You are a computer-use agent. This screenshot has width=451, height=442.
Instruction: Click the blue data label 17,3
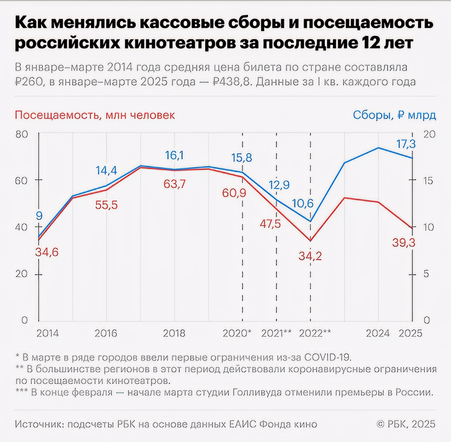coord(406,144)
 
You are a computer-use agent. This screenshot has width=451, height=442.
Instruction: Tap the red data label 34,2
coord(310,256)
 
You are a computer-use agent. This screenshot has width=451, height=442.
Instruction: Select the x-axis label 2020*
coord(237,333)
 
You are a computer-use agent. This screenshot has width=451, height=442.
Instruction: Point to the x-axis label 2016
coord(106,333)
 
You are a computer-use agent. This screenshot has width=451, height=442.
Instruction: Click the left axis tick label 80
coord(22,134)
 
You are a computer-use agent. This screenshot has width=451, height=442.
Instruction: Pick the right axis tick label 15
coord(429,181)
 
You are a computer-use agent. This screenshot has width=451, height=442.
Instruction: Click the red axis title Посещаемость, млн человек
coord(95,115)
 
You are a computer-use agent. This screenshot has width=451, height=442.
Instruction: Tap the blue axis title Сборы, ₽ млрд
coord(394,115)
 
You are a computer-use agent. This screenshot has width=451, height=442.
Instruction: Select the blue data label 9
coord(39,216)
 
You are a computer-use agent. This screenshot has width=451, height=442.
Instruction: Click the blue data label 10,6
coord(303,203)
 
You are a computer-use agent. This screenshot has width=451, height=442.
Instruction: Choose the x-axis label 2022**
coord(315,333)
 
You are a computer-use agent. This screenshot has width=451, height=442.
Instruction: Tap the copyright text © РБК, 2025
coord(406,424)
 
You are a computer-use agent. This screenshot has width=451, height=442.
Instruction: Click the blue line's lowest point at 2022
coord(311,222)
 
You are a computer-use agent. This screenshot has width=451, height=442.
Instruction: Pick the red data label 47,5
coord(270,224)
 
